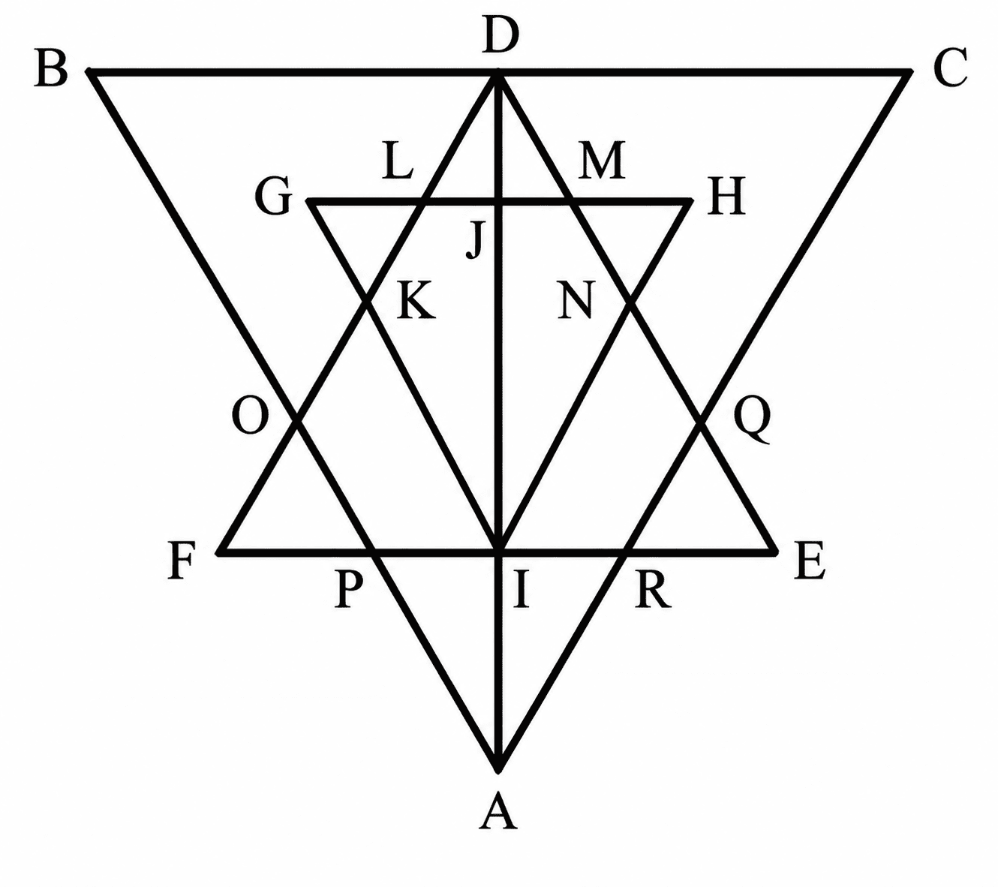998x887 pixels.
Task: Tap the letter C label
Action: point(950,68)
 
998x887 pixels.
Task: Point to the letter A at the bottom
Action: point(498,810)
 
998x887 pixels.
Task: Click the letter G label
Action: point(274,197)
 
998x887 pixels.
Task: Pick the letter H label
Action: point(726,197)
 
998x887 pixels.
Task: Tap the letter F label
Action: point(182,560)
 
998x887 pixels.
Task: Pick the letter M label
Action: point(602,160)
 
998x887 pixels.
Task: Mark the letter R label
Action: point(653,591)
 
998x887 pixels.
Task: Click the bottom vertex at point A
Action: point(498,770)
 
